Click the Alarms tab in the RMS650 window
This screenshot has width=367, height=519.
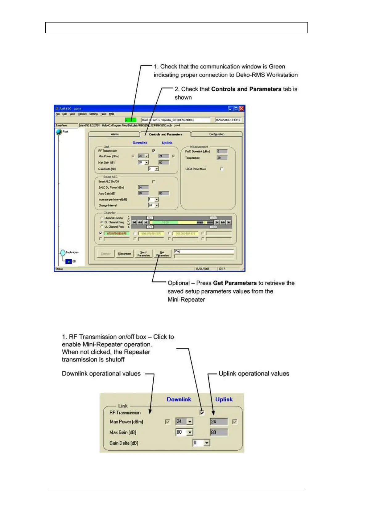coord(115,134)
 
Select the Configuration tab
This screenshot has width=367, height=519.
coord(216,134)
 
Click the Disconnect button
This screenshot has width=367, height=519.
coord(125,254)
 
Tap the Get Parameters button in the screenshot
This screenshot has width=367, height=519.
coord(163,254)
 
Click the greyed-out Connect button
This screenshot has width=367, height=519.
coord(105,254)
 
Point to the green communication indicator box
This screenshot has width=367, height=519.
coord(130,120)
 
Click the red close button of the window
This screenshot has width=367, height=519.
coord(241,108)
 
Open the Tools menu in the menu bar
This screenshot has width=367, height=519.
coord(103,114)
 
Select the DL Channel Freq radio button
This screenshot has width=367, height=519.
coord(102,222)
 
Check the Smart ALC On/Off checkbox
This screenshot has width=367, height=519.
coord(154,182)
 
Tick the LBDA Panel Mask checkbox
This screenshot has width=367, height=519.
coord(221,169)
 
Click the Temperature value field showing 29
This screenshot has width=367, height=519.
coord(222,158)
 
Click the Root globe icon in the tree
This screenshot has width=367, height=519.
coord(59,132)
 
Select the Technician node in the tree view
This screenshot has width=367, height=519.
coord(72,252)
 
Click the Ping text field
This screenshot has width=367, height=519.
coord(204,251)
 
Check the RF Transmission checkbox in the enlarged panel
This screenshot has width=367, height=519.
coord(202,412)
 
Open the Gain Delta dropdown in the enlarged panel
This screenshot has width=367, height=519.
coord(207,443)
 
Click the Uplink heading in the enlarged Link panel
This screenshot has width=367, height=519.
coord(224,399)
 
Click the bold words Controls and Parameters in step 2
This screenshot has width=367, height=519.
coord(246,89)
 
